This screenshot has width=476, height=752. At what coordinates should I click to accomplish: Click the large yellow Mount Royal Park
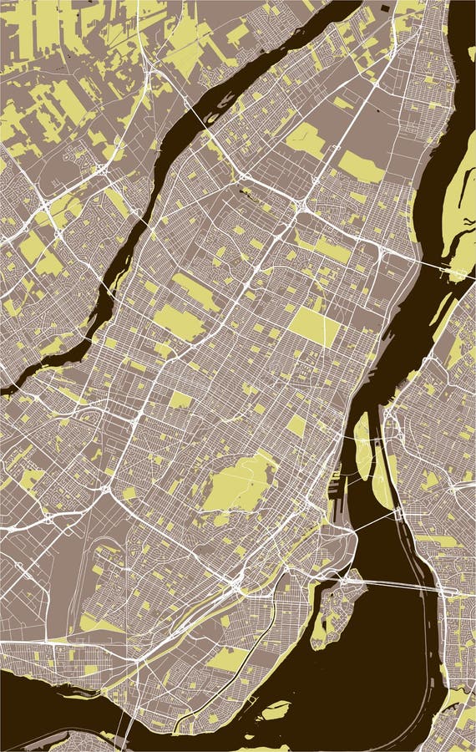[238, 485]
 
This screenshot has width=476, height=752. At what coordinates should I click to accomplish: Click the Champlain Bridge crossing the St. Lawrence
[401, 585]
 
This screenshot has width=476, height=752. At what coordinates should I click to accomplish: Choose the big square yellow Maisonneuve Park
[315, 326]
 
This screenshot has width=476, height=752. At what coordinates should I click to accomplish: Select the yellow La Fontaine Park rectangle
[296, 425]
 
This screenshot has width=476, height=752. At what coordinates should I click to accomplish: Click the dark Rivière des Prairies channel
[167, 150]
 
